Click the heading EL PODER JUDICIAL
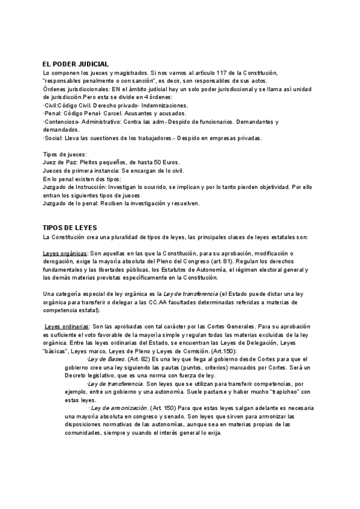click(75, 64)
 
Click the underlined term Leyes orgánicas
click(65, 253)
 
